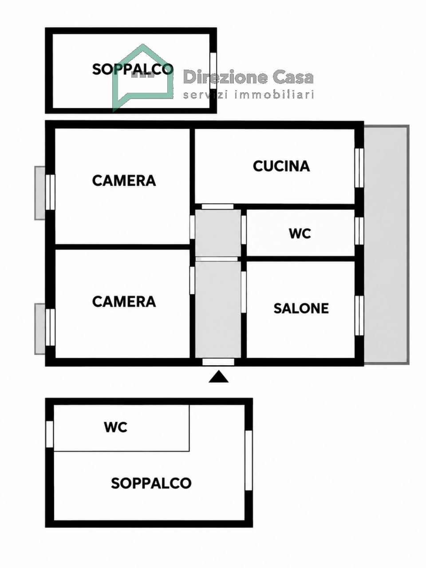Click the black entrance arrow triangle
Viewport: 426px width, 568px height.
coord(219,377)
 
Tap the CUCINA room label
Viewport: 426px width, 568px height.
coord(281,166)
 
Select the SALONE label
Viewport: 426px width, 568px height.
coord(301,308)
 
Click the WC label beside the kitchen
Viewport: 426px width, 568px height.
coord(300,233)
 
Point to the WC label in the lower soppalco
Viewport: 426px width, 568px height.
coord(116,427)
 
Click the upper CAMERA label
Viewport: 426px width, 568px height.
coord(124,181)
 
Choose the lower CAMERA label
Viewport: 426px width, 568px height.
coord(124,302)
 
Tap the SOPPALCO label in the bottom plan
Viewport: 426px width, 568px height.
coord(151,483)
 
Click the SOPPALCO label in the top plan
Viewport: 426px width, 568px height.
coord(132,69)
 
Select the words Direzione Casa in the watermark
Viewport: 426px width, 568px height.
coord(248,77)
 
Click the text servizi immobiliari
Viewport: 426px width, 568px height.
coord(248,95)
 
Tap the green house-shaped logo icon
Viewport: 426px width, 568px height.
coord(143,78)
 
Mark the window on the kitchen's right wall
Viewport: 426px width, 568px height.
coord(359,168)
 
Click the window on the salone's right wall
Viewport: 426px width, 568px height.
coord(359,316)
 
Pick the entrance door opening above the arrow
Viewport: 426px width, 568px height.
coord(218,362)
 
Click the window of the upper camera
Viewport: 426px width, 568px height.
coord(50,192)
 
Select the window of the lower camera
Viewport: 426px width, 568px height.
coord(50,327)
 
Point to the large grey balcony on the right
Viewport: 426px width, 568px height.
coord(387,245)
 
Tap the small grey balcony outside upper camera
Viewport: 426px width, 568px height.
coord(40,193)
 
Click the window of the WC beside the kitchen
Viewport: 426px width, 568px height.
coord(359,231)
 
